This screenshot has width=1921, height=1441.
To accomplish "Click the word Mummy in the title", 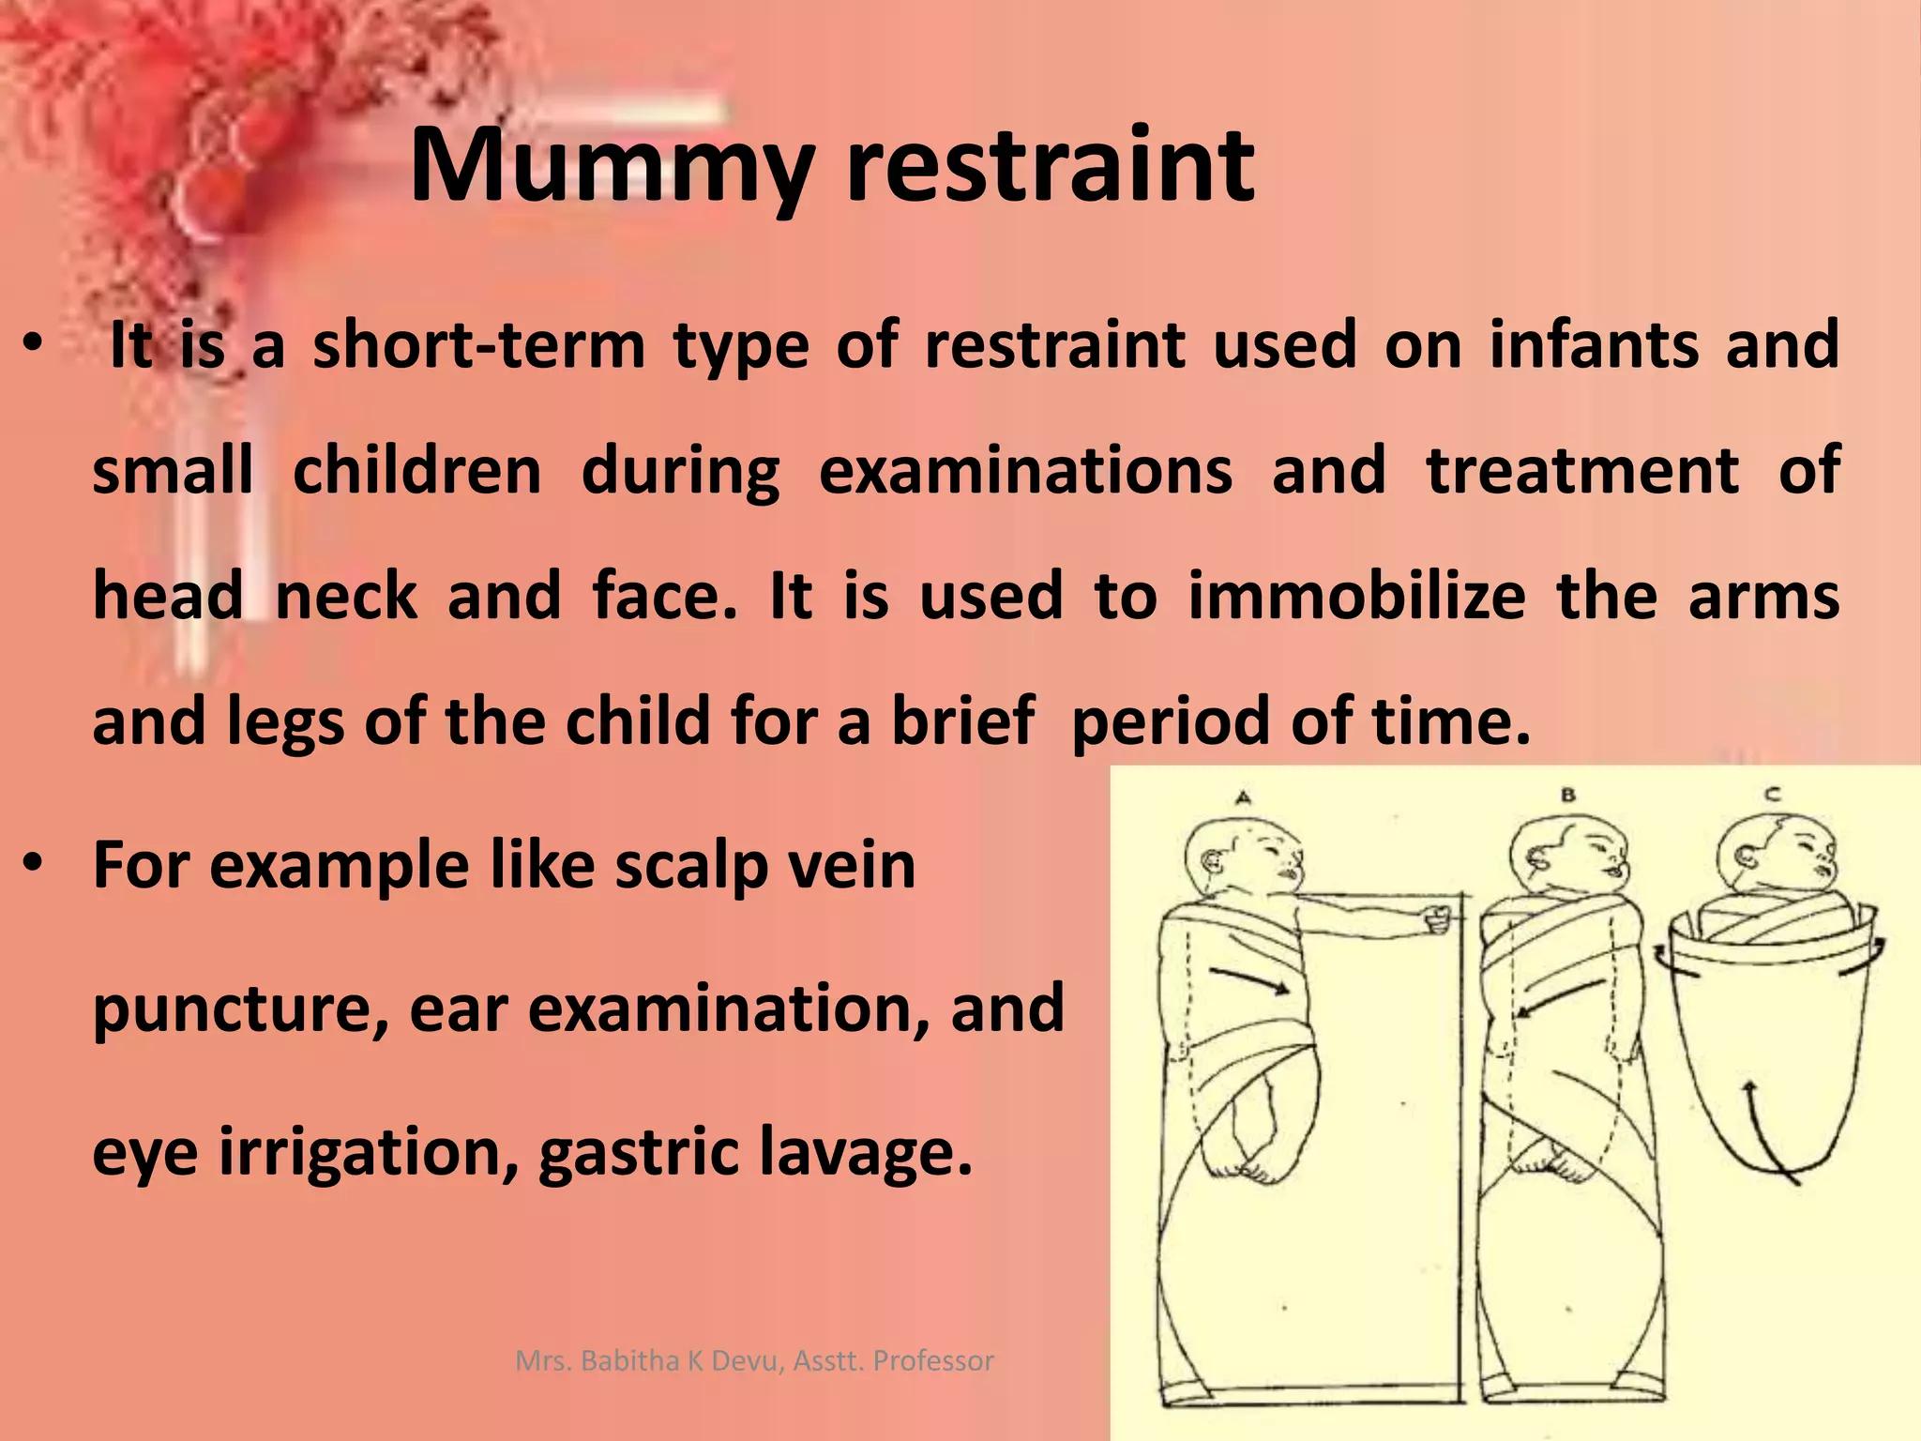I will [611, 169].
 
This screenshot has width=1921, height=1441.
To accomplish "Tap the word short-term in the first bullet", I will [478, 345].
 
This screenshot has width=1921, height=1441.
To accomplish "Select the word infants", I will [1594, 344].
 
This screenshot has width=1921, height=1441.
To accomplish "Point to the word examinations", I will [1025, 470].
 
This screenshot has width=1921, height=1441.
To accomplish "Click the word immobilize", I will [1356, 596].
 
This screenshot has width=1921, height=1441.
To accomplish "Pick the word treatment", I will [1582, 470].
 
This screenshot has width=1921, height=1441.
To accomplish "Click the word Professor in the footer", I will [933, 1360].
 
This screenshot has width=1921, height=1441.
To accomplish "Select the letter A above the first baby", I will [1244, 798].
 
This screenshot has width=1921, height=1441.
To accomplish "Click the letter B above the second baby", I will [1568, 796].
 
